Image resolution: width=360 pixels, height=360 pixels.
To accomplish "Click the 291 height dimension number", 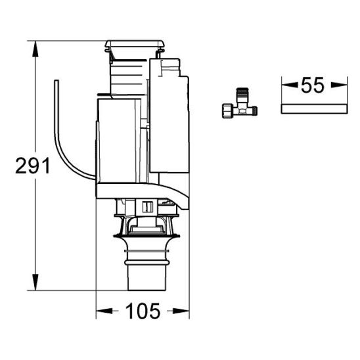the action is click(x=33, y=166).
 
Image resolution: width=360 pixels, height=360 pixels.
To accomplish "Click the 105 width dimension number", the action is click(x=143, y=311).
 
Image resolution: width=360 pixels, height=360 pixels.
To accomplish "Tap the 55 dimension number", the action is click(x=313, y=85).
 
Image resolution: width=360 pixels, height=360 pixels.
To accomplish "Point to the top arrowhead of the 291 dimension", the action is click(x=35, y=49).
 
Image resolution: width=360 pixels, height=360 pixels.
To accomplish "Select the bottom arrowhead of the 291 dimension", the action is click(x=35, y=282).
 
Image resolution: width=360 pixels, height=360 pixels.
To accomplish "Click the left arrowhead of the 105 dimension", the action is click(x=104, y=311).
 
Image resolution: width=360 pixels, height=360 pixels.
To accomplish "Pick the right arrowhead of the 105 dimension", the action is click(x=181, y=311).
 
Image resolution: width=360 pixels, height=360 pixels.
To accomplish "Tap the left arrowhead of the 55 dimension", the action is click(x=290, y=85).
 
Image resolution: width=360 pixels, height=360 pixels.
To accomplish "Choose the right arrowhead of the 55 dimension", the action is click(x=339, y=85).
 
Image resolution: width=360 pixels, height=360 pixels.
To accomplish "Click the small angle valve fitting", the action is click(x=240, y=104).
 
